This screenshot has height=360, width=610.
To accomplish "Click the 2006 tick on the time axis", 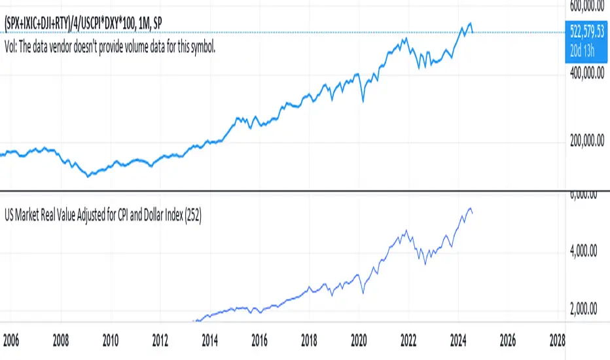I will coord(10,341).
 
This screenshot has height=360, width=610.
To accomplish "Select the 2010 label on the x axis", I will coord(110,341).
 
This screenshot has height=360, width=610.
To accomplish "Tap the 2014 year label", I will coord(209,341).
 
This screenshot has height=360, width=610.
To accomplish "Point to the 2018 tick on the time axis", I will coord(309,341).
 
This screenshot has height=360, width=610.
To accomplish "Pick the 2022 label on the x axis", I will coord(408,341).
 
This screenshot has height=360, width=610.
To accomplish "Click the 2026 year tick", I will coord(507,341).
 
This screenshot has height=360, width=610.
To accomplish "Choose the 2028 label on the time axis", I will coord(557,341).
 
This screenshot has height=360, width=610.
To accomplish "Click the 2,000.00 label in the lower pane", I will coord(587,310).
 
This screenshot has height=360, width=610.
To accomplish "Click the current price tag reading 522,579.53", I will coord(586,32).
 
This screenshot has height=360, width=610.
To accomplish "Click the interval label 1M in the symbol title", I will coord(143,24).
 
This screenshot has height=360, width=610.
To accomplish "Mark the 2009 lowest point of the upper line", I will coord(88,176).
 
